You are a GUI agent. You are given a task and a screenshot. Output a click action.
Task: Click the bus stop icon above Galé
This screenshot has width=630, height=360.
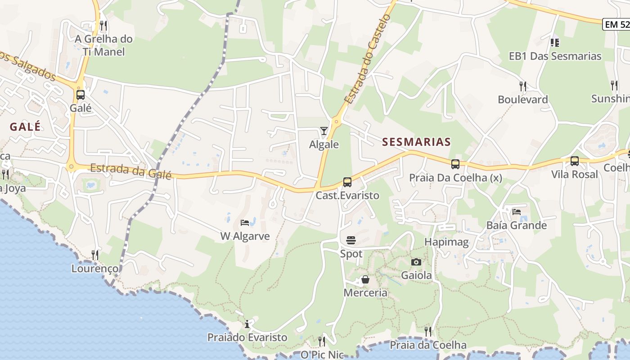coord(81,95)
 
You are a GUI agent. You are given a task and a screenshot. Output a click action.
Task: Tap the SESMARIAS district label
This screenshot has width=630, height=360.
coord(416,142)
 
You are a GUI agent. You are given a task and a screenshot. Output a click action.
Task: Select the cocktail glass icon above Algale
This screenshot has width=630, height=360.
coord(324,131)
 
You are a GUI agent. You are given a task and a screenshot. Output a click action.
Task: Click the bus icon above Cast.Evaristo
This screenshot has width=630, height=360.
coord(347,182)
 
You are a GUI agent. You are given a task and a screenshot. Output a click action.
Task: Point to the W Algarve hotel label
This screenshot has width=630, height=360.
coord(245,236)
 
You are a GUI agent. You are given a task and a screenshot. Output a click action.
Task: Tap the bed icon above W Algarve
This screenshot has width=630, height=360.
coord(245,223)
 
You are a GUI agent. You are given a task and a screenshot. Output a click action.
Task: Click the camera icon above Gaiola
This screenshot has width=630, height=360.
coord(416,262)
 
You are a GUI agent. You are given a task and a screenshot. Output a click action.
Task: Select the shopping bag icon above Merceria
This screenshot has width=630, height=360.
coord(365,280)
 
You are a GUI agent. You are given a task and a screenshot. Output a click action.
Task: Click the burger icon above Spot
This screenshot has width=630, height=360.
coord(351,240)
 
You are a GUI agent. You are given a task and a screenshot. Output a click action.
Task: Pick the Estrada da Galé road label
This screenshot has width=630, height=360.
coord(131,171)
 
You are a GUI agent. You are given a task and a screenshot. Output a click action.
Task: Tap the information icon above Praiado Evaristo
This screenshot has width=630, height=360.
coord(247,324)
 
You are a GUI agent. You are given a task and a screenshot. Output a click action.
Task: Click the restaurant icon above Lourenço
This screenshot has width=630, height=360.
coord(95,255)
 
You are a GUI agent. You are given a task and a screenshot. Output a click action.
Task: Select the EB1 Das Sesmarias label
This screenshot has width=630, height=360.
coord(555,56)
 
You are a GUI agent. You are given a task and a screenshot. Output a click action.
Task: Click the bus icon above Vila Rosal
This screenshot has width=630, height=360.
coord(575,161)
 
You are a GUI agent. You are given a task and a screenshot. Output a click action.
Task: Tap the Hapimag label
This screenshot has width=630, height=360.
coord(446,243)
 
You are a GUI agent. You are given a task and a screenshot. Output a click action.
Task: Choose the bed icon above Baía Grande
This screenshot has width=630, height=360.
coord(517,211)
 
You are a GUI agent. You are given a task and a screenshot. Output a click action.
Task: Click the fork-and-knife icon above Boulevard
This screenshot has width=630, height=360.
coord(522,86)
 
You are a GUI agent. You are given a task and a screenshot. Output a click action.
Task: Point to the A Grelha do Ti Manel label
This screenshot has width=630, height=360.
coord(103,45)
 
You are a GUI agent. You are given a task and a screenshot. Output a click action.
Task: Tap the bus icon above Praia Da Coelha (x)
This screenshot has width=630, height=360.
coord(455,164)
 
